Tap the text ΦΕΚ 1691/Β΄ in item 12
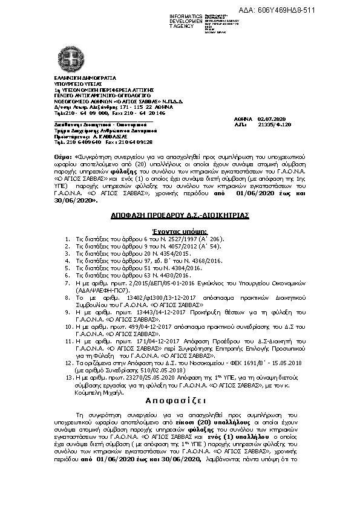243,361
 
